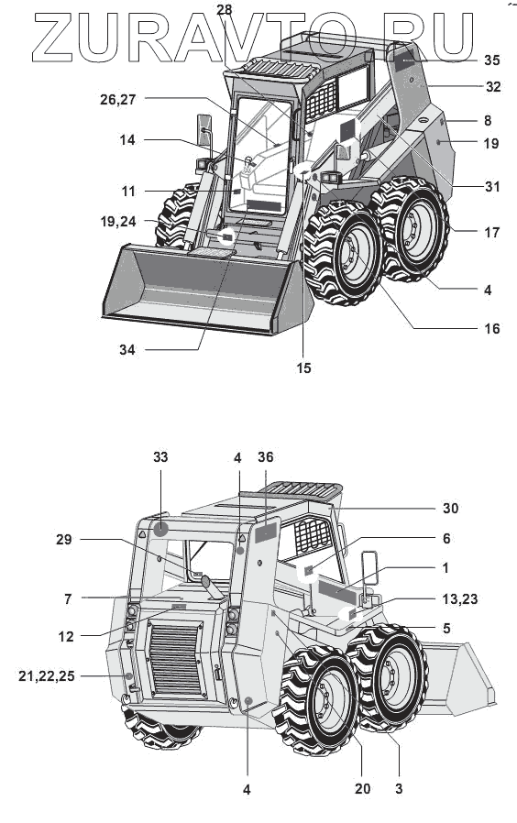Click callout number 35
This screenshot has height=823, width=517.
(x=491, y=60)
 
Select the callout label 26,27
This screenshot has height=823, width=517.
(x=117, y=100)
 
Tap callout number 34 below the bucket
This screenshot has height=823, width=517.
(x=127, y=349)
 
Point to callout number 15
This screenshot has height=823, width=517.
(x=303, y=368)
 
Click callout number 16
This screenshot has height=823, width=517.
(x=492, y=329)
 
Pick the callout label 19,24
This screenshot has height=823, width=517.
(x=118, y=222)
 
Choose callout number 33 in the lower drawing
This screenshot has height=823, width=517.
(x=160, y=457)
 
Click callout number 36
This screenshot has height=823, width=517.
(x=266, y=457)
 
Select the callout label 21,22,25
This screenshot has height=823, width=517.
(x=46, y=676)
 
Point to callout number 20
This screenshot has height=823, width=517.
(x=363, y=788)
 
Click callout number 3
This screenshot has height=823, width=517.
(x=399, y=788)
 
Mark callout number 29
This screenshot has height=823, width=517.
(x=63, y=540)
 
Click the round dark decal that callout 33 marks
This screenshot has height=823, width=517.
(x=160, y=530)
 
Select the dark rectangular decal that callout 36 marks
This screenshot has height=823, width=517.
(x=266, y=533)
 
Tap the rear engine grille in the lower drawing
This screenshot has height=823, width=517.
(x=175, y=659)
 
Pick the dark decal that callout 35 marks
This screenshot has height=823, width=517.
(x=408, y=60)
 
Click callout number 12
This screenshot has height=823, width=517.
(x=66, y=637)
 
